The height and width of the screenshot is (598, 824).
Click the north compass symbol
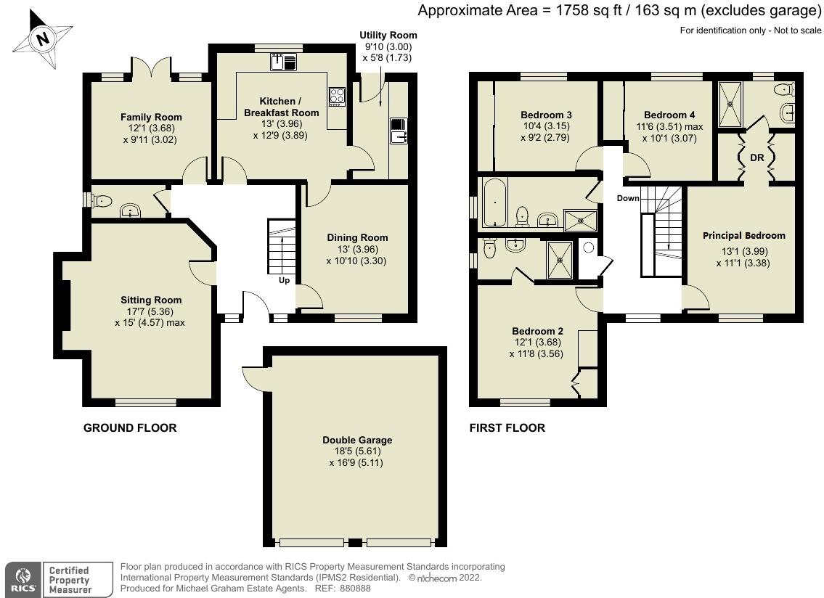tap(44, 38)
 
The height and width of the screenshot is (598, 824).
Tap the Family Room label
tap(151, 117)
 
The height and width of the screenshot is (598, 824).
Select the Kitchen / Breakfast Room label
tap(281, 107)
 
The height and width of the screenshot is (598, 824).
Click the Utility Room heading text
tap(388, 35)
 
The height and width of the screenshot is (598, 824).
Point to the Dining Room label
tap(357, 237)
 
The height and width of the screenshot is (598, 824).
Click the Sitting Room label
tap(151, 300)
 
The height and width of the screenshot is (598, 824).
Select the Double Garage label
tap(357, 440)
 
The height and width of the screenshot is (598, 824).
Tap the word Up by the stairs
tap(284, 279)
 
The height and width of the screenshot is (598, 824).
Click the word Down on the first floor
tap(629, 198)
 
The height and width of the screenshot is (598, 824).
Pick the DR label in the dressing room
tap(756, 157)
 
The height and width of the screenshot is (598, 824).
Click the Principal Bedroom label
tap(743, 235)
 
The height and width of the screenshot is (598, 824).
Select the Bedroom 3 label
tap(546, 115)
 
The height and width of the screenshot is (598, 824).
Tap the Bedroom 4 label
tap(669, 115)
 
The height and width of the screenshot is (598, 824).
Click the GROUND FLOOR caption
tap(130, 428)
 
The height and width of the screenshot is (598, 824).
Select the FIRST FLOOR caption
tap(507, 428)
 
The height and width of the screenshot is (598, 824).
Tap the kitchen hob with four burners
tap(338, 97)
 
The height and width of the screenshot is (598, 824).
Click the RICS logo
tap(21, 580)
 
